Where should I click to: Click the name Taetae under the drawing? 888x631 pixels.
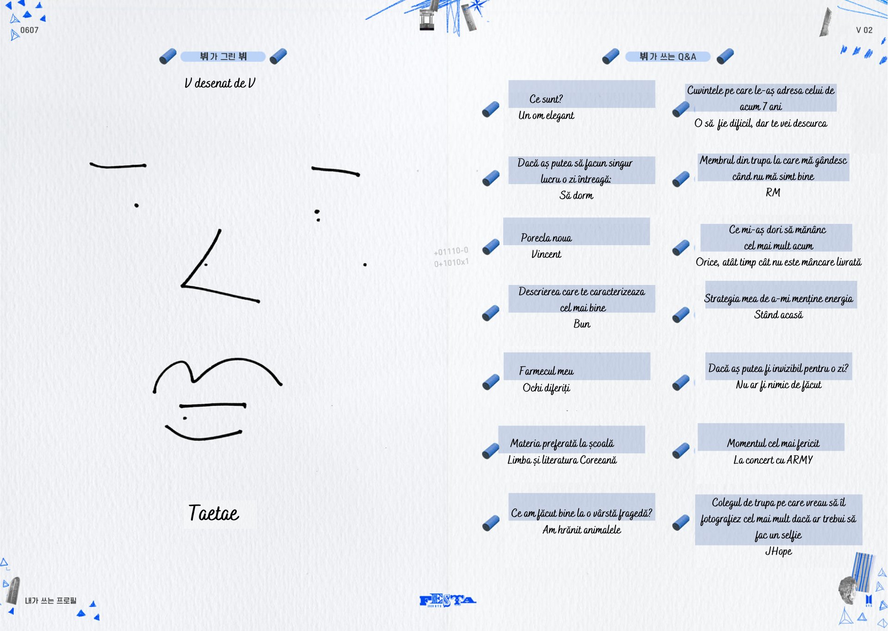click(x=214, y=513)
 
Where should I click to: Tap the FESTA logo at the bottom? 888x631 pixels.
click(x=447, y=600)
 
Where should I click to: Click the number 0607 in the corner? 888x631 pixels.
click(x=29, y=30)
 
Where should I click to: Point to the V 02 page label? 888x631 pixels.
click(x=864, y=30)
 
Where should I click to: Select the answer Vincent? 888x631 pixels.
click(x=546, y=254)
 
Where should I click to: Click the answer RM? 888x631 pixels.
click(x=773, y=192)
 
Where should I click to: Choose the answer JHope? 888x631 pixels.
click(x=778, y=551)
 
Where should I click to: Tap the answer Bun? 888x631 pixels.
click(x=582, y=324)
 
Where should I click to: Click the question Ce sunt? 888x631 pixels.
click(x=546, y=99)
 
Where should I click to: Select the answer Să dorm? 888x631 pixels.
click(x=576, y=195)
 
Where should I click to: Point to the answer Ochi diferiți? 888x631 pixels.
click(x=546, y=388)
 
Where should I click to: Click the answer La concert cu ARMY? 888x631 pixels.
click(x=773, y=460)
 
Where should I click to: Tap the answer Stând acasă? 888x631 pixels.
click(x=778, y=315)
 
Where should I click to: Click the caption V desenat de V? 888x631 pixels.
click(x=220, y=83)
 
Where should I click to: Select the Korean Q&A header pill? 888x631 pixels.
click(x=667, y=56)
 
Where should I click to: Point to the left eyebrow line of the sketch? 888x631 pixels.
click(x=118, y=166)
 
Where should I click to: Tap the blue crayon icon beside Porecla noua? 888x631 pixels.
click(x=491, y=247)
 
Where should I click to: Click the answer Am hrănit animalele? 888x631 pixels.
click(x=582, y=530)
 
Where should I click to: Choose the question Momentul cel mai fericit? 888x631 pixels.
click(x=773, y=443)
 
